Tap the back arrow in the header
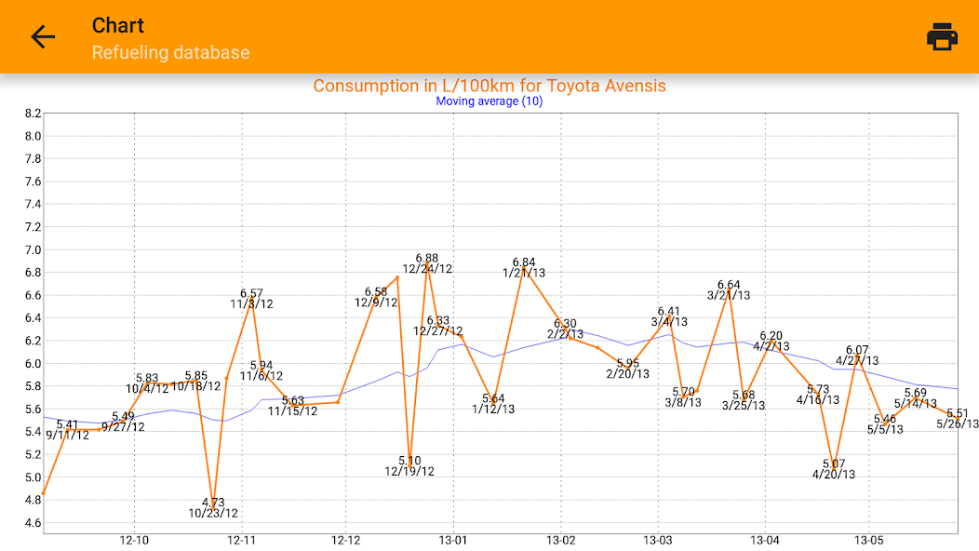[x=43, y=37]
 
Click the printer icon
[x=942, y=37]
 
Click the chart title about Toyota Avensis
[x=489, y=86]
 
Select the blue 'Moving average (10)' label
[x=489, y=101]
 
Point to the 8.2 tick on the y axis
[x=34, y=114]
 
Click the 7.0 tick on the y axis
[x=34, y=249]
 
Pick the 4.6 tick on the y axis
[x=34, y=522]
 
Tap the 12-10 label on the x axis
[x=134, y=540]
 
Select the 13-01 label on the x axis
[x=453, y=540]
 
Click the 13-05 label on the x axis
[x=868, y=540]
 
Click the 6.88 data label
[x=427, y=258]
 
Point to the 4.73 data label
[x=213, y=503]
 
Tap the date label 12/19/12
[x=409, y=471]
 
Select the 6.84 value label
[x=524, y=262]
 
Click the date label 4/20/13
[x=834, y=474]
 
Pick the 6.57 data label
[x=251, y=293]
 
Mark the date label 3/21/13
[x=729, y=295]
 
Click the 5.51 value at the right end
[x=958, y=413]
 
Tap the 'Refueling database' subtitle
[x=170, y=52]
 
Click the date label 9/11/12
[x=68, y=435]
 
